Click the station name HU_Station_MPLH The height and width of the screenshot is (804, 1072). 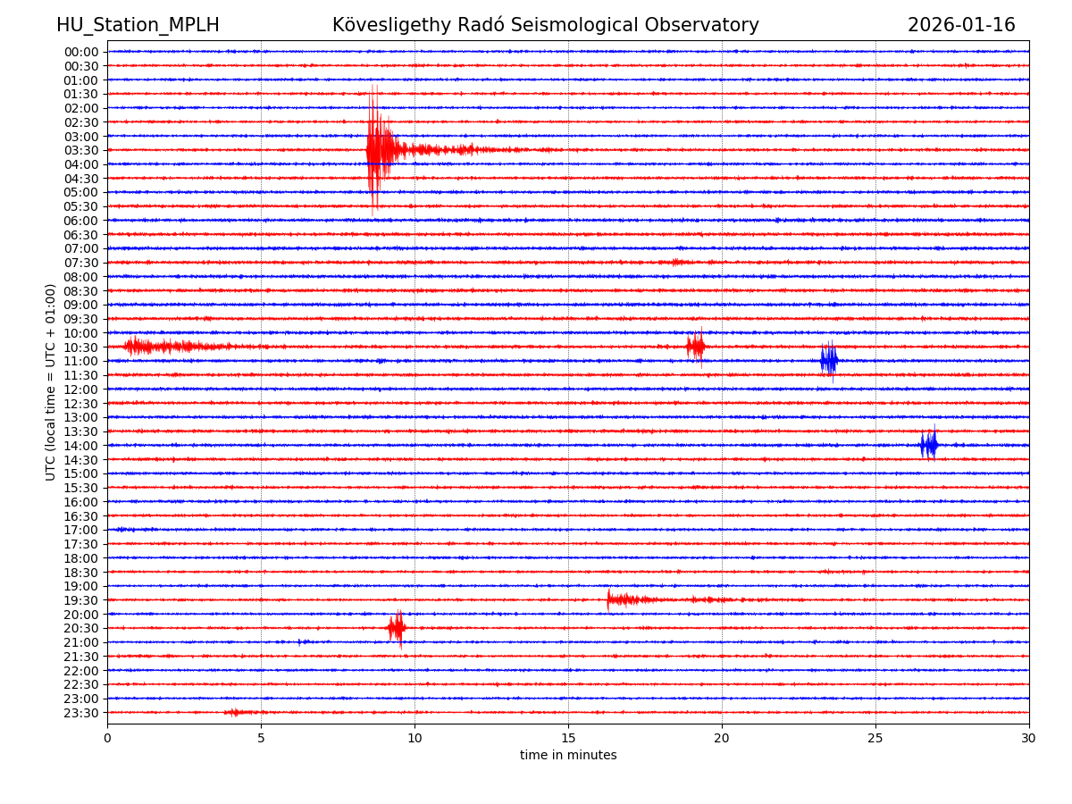point(138,25)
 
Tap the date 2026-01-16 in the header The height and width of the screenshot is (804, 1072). point(961,25)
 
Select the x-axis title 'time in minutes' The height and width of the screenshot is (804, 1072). point(568,756)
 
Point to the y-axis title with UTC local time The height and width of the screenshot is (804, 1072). point(51,381)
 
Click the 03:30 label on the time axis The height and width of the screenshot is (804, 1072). point(80,150)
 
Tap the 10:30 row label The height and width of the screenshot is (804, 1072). point(80,347)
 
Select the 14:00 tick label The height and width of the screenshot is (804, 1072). point(80,446)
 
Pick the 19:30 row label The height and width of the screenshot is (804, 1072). point(80,600)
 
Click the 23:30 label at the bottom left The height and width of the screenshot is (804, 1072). point(80,713)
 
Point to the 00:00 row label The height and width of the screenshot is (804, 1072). point(80,52)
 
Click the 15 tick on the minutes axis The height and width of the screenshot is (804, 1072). point(568,738)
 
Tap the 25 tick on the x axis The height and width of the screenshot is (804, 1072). point(875,738)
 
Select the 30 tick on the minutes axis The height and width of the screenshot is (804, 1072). point(1029,738)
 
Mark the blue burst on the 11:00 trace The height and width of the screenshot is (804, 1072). point(829,361)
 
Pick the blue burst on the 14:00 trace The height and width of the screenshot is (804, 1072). point(929,445)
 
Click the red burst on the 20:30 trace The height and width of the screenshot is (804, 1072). point(397,628)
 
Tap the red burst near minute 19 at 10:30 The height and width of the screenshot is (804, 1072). point(696,347)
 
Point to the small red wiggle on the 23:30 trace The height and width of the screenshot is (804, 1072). point(234,712)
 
